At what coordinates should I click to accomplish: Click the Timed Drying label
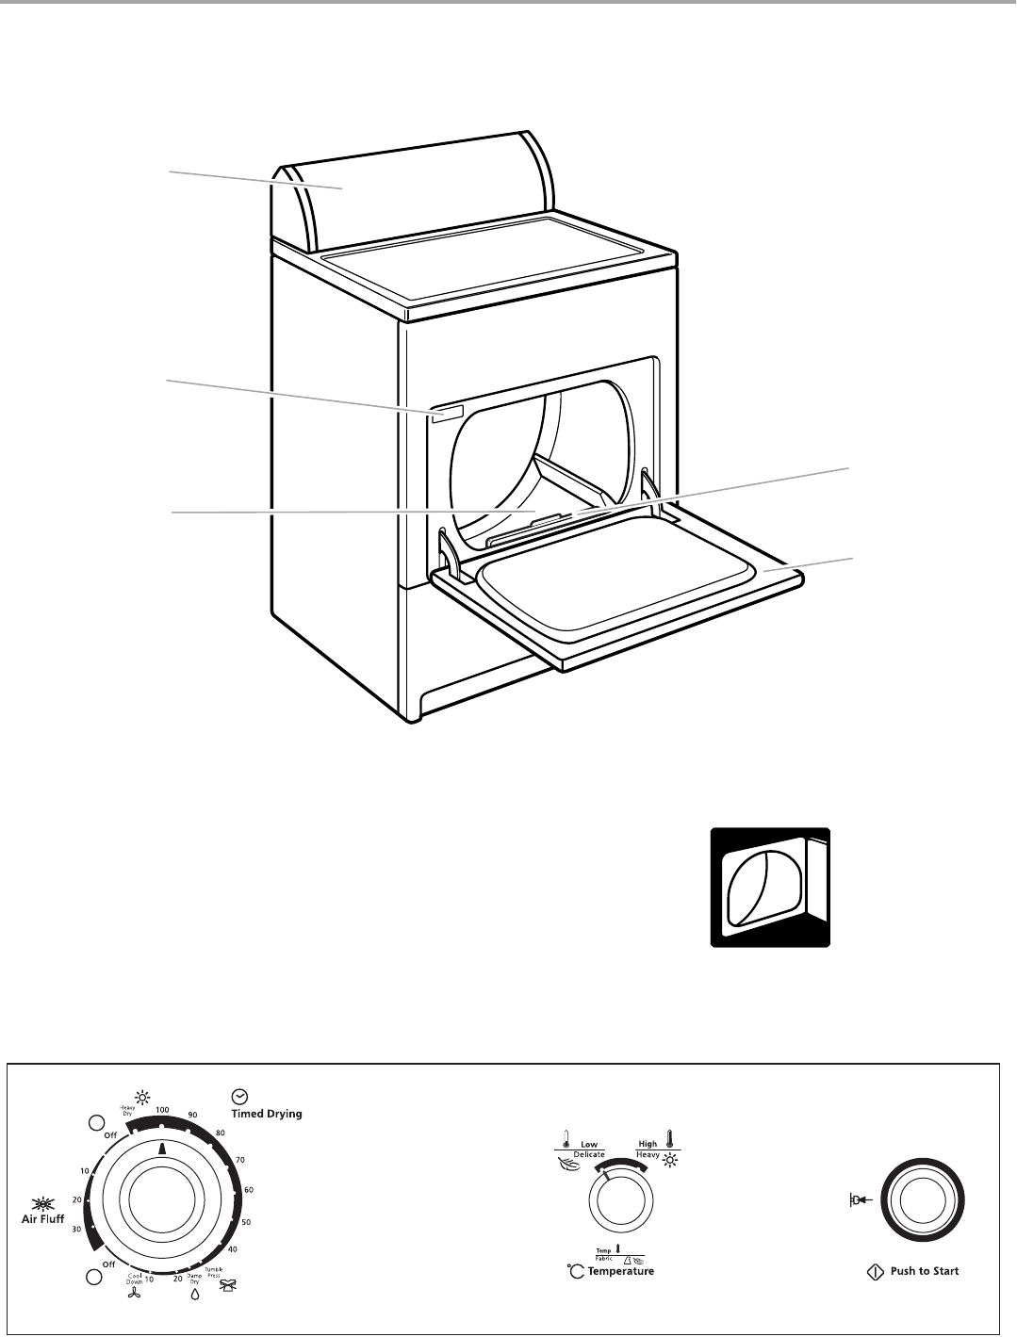click(x=267, y=1114)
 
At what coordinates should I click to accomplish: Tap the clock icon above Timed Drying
click(x=239, y=1096)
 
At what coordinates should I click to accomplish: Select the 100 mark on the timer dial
click(x=162, y=1111)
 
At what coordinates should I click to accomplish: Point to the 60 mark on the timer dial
click(x=249, y=1191)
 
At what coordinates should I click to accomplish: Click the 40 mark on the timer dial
click(x=231, y=1249)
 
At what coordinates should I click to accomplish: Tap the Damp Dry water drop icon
click(x=195, y=1294)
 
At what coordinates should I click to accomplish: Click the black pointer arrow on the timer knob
click(x=162, y=1149)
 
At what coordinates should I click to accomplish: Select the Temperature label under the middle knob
click(x=620, y=1271)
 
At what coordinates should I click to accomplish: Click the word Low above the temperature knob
click(x=589, y=1145)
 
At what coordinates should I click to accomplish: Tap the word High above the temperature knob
click(x=648, y=1145)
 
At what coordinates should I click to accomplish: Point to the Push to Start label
click(x=924, y=1271)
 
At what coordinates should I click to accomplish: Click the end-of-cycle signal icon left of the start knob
click(x=859, y=1200)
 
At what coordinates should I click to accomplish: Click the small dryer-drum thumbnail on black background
click(x=770, y=887)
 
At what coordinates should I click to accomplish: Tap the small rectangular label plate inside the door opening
click(x=449, y=414)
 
